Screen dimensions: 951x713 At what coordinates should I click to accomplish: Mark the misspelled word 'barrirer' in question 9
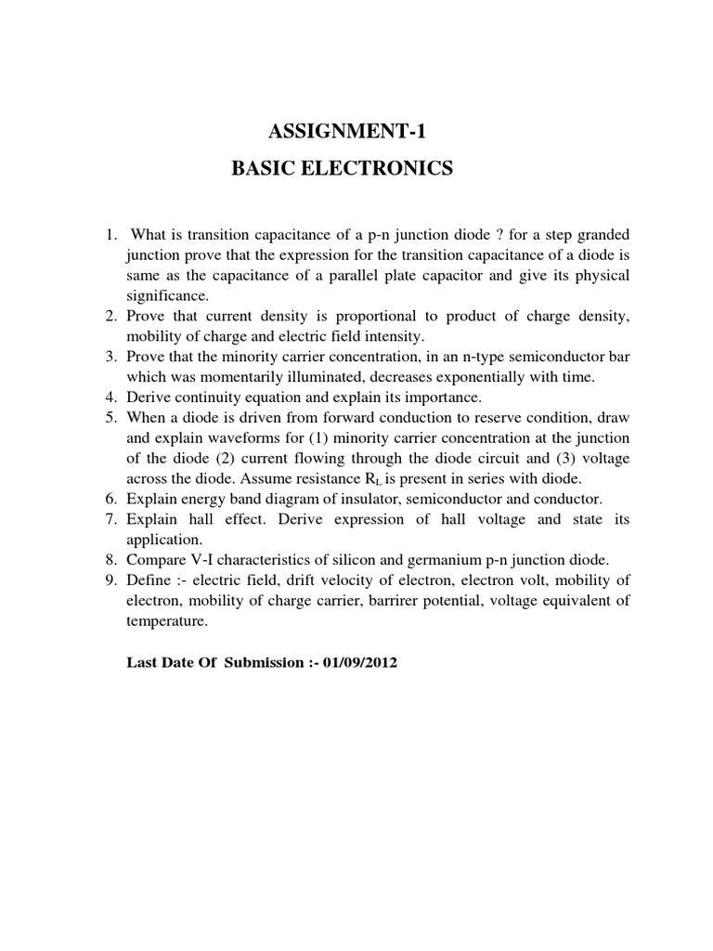pos(421,601)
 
